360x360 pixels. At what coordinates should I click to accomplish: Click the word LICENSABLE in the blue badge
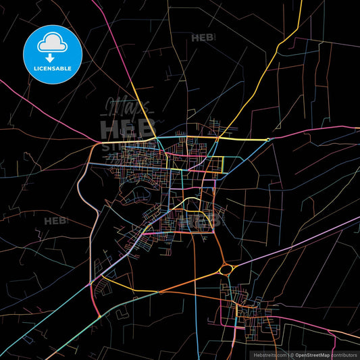click(x=52, y=68)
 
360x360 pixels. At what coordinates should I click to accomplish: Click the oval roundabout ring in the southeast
click(x=226, y=270)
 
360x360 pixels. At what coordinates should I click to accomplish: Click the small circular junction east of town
click(x=268, y=140)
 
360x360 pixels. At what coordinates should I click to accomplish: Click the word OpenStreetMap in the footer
click(x=312, y=354)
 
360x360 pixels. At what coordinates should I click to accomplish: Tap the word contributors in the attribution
click(x=344, y=354)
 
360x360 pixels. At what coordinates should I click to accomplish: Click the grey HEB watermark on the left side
click(x=55, y=221)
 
